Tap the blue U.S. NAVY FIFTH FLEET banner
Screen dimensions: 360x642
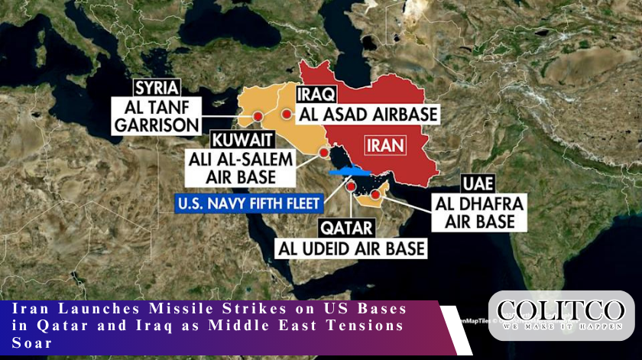pos(248,203)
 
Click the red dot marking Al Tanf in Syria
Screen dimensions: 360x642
pos(258,117)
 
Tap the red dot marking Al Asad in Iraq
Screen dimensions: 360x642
pos(286,115)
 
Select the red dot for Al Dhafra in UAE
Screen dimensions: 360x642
pos(375,194)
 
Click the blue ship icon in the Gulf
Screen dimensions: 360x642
pos(348,172)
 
